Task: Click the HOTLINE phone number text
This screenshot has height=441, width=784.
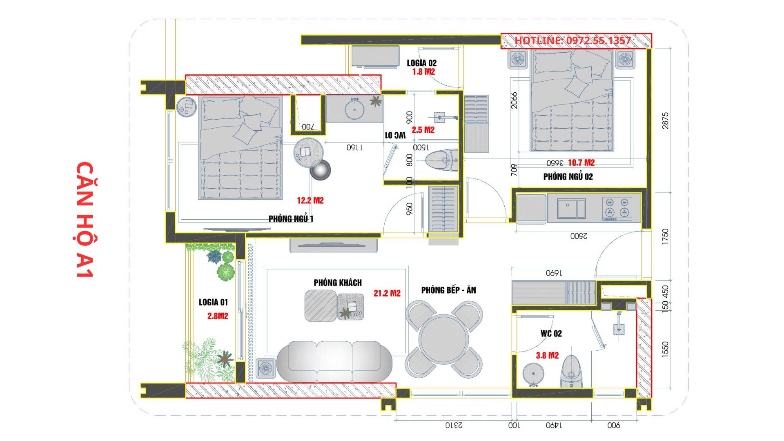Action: (572, 40)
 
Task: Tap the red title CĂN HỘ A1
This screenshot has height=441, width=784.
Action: (85, 220)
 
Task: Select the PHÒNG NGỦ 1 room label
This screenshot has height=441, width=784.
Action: (291, 218)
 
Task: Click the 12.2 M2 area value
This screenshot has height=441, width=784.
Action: (310, 200)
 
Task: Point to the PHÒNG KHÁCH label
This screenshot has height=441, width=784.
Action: (338, 283)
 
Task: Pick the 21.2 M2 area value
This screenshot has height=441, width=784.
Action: (387, 293)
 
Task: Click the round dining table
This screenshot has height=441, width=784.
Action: (444, 339)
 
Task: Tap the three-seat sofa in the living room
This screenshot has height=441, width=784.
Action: (334, 362)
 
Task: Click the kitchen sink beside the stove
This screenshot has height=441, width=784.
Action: (571, 208)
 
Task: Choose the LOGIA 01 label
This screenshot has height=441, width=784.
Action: (213, 302)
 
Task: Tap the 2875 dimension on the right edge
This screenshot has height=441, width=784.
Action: (666, 121)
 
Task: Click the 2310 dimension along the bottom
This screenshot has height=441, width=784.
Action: (454, 425)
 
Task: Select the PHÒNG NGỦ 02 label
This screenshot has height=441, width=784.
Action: (568, 177)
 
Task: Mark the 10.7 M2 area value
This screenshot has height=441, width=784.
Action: (581, 163)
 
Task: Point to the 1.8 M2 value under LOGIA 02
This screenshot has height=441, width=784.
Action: (423, 71)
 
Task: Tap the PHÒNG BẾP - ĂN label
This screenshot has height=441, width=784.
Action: (449, 290)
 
